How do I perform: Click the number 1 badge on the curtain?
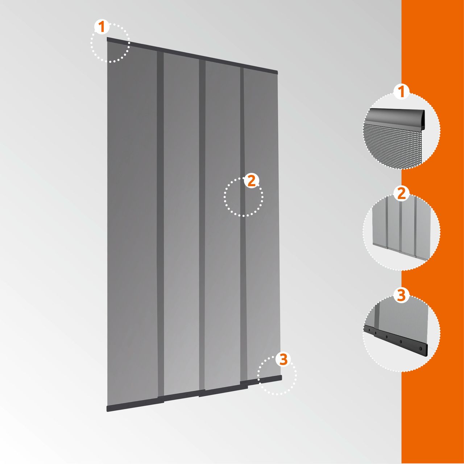(102, 26)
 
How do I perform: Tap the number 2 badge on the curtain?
(251, 181)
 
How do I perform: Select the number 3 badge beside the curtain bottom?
(283, 359)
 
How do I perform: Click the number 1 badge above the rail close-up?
(401, 92)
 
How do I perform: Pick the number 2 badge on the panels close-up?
(401, 194)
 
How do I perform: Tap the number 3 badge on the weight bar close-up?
(401, 295)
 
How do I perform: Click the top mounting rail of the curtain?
(192, 55)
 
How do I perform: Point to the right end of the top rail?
(278, 72)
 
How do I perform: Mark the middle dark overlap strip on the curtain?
(202, 228)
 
